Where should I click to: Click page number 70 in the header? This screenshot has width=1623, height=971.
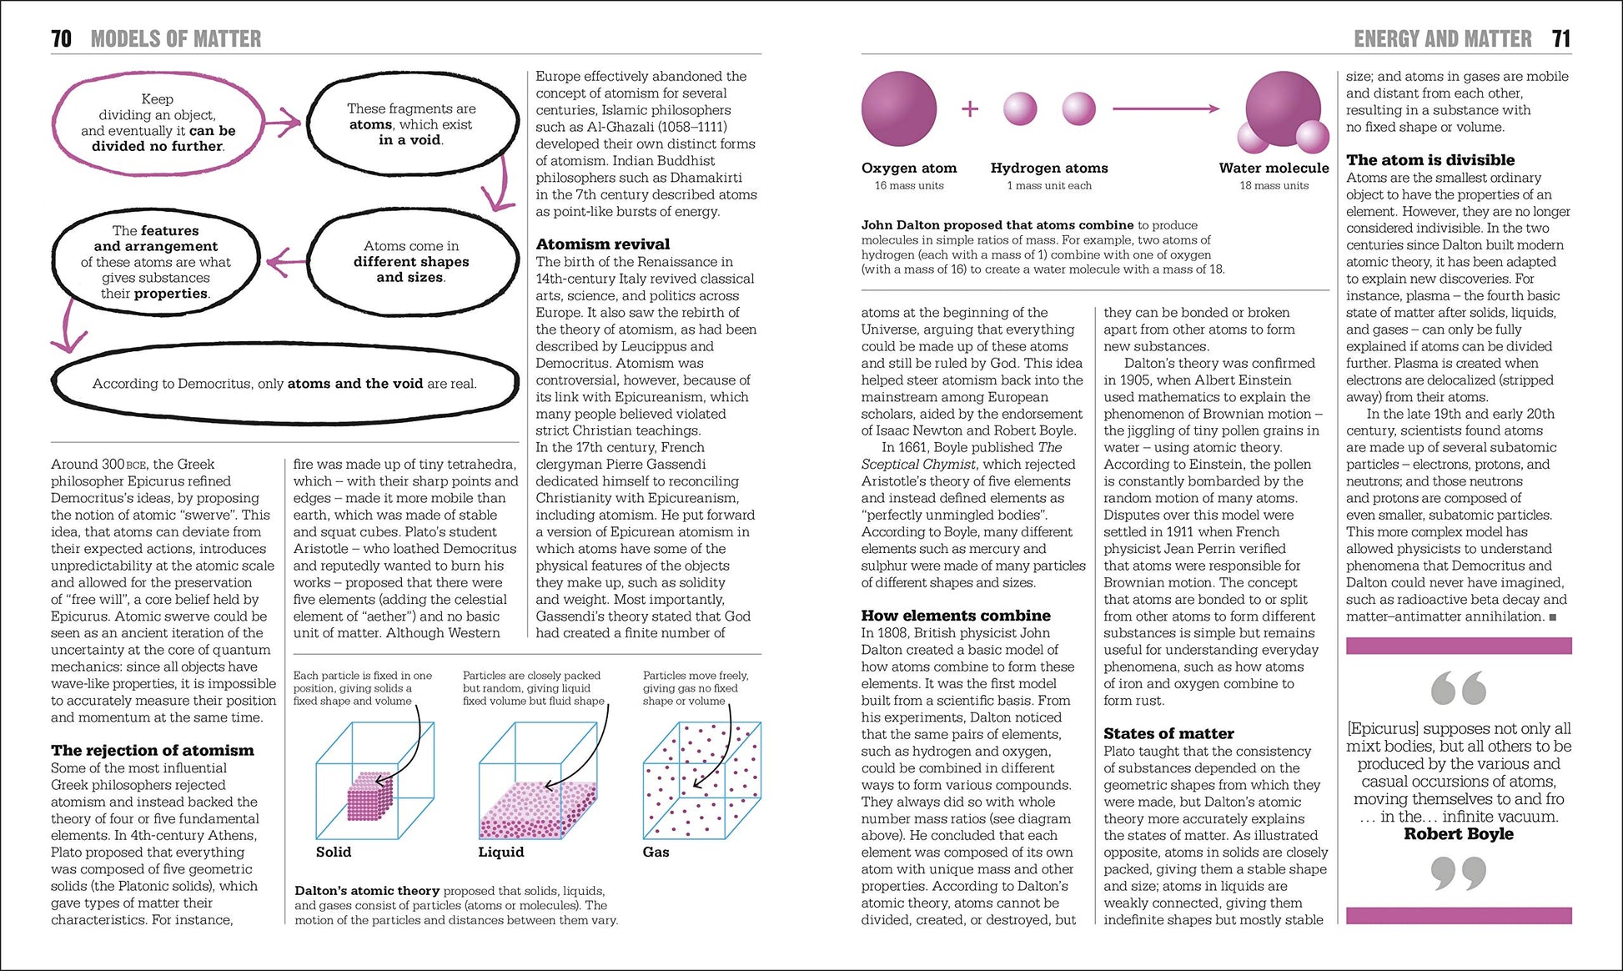[x=61, y=38]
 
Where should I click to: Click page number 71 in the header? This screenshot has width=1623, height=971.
[x=1561, y=38]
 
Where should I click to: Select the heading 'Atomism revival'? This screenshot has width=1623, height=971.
[x=602, y=244]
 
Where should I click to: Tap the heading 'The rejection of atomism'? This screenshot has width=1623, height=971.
[x=152, y=750]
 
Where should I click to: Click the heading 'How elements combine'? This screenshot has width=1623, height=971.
[x=955, y=615]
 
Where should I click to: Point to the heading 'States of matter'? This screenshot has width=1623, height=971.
[x=1168, y=733]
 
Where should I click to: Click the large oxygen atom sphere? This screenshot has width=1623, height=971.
[x=898, y=108]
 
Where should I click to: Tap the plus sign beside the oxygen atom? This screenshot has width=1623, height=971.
[x=969, y=108]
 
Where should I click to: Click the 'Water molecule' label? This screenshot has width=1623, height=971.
[x=1274, y=168]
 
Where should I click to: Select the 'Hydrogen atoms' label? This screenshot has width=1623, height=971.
[x=1048, y=168]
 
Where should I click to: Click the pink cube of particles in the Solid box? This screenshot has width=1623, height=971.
[x=369, y=796]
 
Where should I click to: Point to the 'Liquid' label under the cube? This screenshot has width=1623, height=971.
[x=500, y=852]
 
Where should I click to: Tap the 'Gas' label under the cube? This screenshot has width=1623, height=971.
[x=656, y=852]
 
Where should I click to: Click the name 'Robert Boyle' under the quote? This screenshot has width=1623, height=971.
[x=1458, y=833]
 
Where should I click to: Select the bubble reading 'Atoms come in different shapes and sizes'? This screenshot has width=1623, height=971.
[x=410, y=261]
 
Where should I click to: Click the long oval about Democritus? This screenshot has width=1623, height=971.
[x=284, y=384]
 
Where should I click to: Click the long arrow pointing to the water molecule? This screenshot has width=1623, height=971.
[x=1165, y=108]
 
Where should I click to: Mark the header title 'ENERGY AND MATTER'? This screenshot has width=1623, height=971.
[x=1442, y=38]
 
